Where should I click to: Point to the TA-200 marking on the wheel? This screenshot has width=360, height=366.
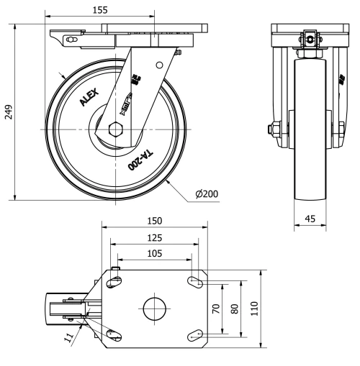coord(140,160)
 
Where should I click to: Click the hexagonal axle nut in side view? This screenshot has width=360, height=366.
coord(115,129)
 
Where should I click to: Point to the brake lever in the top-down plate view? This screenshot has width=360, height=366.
coord(61,308)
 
